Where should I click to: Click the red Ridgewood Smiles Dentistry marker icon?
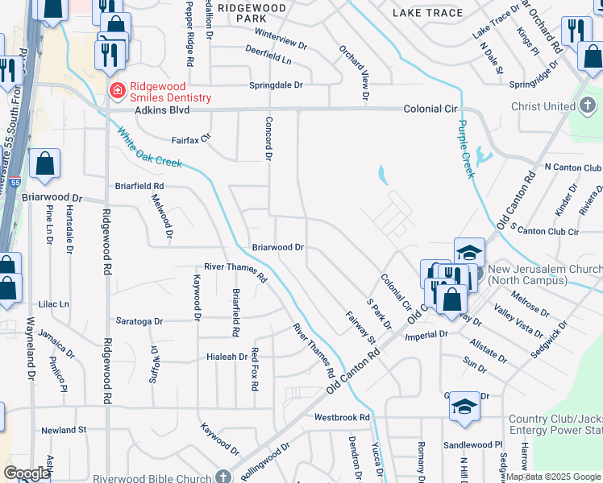[x=117, y=89]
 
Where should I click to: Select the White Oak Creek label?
[x=148, y=147]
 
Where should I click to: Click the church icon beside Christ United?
[x=588, y=105]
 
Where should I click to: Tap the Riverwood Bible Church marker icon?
[x=224, y=477]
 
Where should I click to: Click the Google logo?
[x=26, y=473]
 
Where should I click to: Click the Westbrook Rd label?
[x=341, y=418]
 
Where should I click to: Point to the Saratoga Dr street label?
[x=139, y=320]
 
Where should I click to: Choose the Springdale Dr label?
[x=275, y=85]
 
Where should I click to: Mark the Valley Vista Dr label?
[x=519, y=324]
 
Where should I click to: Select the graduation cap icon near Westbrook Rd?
[x=464, y=407]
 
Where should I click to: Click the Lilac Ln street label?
[x=54, y=304]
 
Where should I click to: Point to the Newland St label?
[x=64, y=431]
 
